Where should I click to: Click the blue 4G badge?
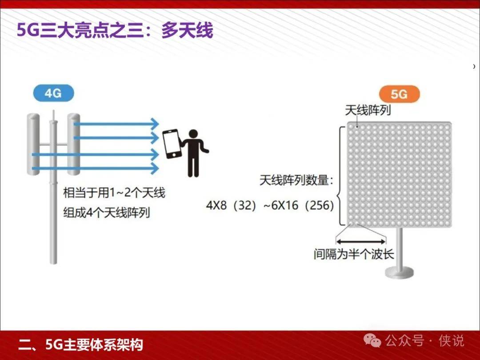click(x=54, y=93)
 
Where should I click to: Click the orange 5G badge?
click(x=399, y=94)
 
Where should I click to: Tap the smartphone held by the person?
click(x=172, y=144)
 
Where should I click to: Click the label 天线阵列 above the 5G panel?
click(x=368, y=110)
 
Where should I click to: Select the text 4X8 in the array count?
click(x=216, y=205)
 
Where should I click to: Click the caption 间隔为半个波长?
click(x=354, y=254)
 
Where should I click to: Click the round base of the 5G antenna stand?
click(x=399, y=272)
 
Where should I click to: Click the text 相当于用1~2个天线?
click(x=114, y=193)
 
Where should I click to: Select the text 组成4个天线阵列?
click(x=107, y=212)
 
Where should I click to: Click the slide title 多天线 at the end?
click(x=187, y=31)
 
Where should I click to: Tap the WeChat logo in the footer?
click(x=372, y=341)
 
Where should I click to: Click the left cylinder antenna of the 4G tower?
click(x=33, y=144)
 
